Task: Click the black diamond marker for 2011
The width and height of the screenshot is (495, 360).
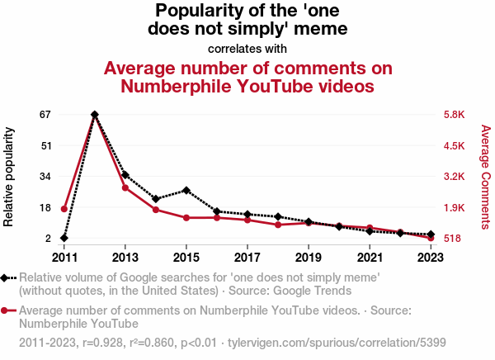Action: [x=64, y=238]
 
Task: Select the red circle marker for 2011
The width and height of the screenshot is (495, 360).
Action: [x=64, y=209]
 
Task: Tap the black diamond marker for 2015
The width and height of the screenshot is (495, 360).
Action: [x=186, y=190]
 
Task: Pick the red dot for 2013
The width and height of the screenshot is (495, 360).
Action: [x=125, y=188]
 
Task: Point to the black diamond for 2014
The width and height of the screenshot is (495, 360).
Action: [x=156, y=199]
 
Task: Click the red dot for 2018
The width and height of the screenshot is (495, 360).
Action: [x=278, y=225]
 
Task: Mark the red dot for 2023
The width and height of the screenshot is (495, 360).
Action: [x=431, y=238]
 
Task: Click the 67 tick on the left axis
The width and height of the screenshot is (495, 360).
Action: [x=45, y=114]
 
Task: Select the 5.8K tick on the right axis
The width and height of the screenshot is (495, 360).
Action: [x=455, y=114]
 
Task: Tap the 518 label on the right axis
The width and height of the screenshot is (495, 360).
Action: [x=453, y=239]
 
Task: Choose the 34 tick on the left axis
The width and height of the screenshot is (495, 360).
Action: [x=45, y=177]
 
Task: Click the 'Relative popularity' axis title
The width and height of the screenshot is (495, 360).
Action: [x=10, y=176]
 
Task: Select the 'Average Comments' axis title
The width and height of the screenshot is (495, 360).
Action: [x=486, y=176]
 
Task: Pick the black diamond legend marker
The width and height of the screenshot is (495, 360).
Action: [x=6, y=278]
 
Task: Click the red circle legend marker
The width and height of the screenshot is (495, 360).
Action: [x=6, y=311]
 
